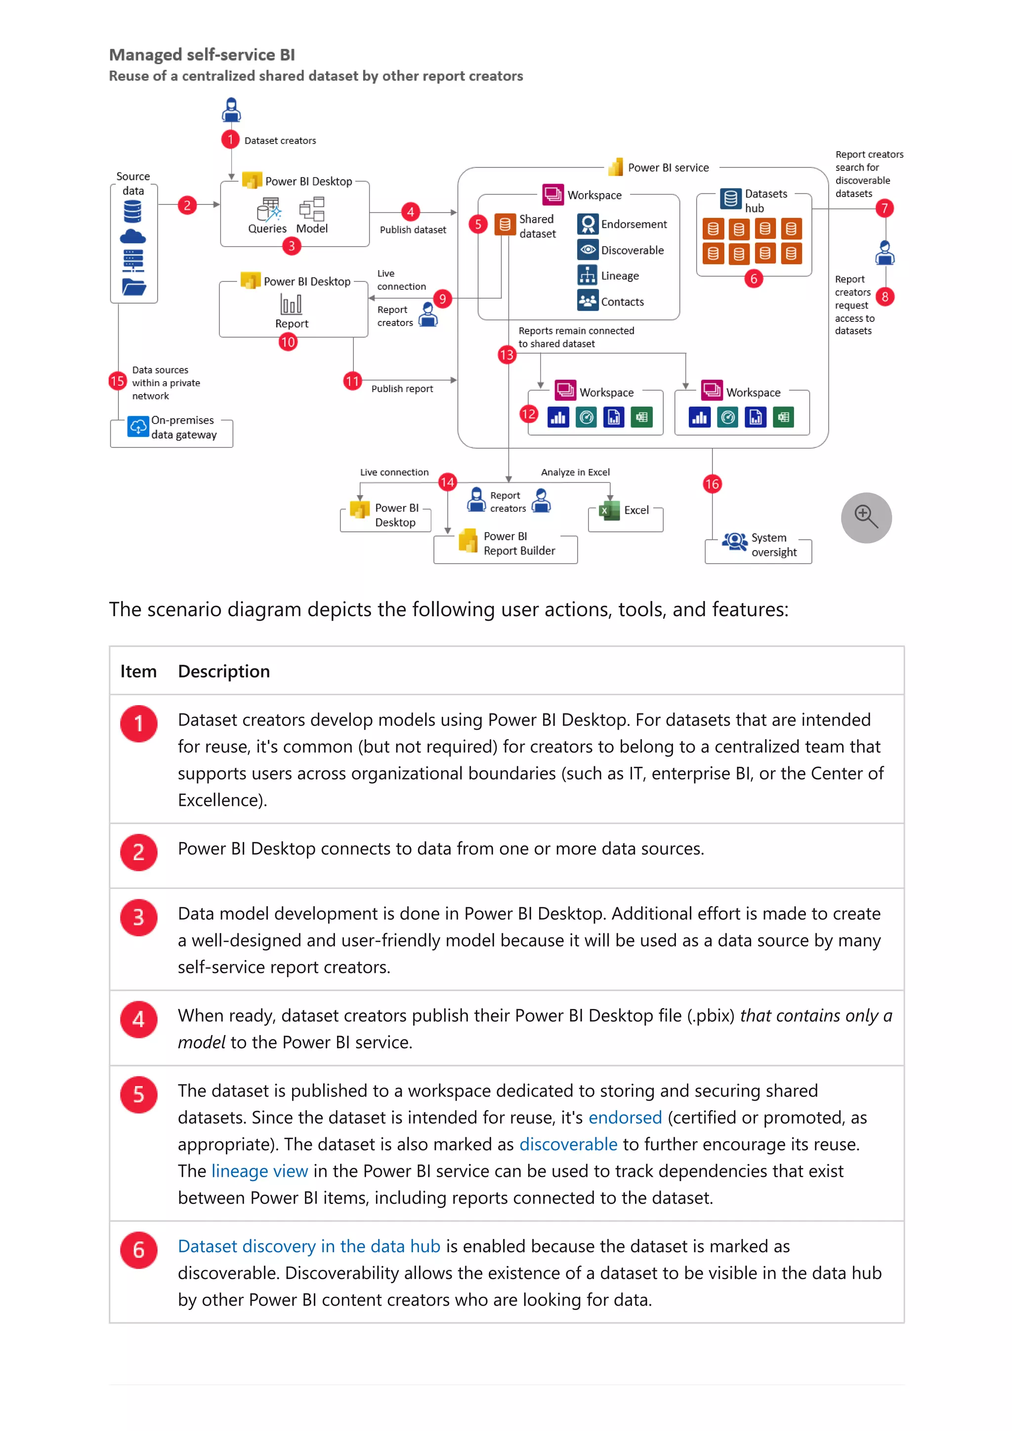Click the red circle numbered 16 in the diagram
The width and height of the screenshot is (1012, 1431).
712,484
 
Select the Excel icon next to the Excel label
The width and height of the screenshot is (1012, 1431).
609,511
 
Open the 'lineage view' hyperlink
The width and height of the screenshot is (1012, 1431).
259,1171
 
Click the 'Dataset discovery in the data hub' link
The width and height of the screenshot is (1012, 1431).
309,1246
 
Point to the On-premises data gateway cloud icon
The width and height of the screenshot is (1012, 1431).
138,427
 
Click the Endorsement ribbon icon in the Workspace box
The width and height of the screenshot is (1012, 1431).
588,224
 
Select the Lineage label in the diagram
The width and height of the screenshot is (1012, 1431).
619,276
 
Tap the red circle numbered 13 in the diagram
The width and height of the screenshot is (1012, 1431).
506,355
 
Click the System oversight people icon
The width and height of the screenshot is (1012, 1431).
734,541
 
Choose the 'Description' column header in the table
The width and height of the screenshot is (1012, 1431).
224,671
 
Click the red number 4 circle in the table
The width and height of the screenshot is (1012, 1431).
138,1020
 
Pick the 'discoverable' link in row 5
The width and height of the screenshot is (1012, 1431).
568,1144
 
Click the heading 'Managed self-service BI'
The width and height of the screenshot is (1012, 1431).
202,55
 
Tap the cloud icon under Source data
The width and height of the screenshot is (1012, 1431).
132,237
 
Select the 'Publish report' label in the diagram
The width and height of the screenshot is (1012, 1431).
402,389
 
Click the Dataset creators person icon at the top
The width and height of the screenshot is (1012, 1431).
231,110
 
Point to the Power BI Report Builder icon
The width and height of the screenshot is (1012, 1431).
467,540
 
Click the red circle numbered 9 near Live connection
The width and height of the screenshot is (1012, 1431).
442,299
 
